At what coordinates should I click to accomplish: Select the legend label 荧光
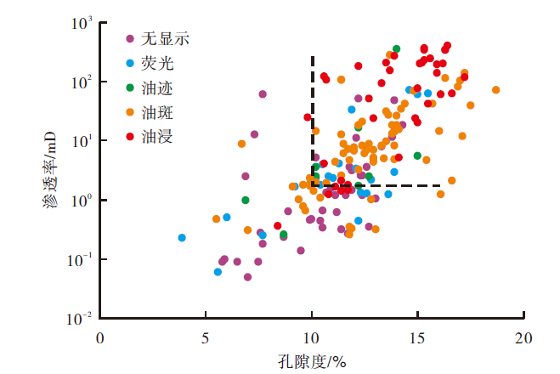157,62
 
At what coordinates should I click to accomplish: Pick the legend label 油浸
157,135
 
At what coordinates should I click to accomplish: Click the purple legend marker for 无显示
129,38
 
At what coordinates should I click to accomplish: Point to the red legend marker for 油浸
129,135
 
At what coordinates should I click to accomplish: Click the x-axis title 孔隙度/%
313,360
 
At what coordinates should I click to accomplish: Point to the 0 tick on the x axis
100,337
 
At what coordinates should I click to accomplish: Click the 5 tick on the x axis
206,337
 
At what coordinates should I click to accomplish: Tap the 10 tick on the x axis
312,337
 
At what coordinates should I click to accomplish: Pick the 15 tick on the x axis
417,337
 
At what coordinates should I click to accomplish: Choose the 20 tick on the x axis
523,337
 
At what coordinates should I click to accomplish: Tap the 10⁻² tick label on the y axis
78,319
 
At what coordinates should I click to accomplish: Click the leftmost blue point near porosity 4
182,238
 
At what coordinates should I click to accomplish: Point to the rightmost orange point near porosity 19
495,90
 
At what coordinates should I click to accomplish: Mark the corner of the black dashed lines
313,185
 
